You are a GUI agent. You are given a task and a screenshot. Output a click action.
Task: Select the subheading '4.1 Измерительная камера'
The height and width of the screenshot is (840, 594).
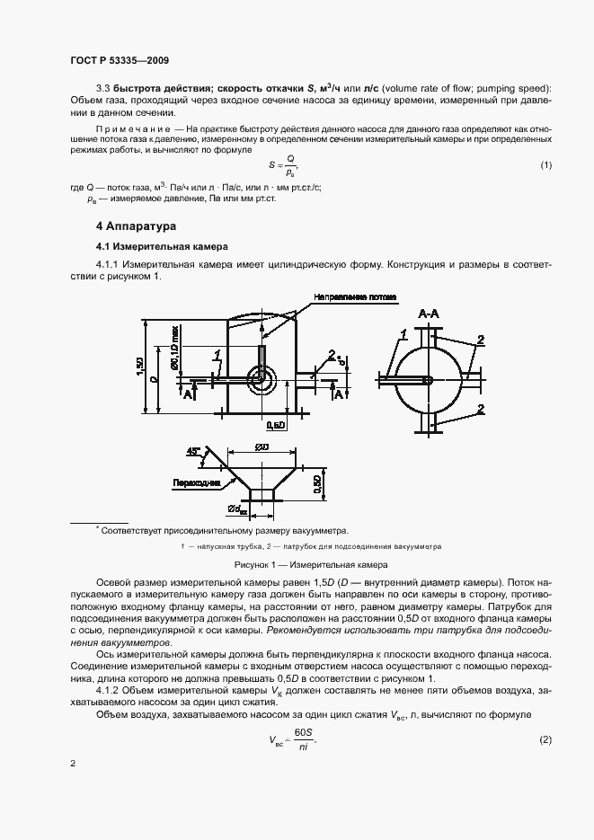[162, 246]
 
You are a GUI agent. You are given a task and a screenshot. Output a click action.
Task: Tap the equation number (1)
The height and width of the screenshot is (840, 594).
[545, 165]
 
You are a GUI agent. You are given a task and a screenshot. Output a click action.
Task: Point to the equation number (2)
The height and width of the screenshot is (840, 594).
[545, 739]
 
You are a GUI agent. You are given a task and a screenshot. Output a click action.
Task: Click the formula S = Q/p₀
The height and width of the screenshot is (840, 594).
[283, 164]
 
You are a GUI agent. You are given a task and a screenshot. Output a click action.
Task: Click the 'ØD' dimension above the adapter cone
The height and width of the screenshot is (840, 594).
[262, 447]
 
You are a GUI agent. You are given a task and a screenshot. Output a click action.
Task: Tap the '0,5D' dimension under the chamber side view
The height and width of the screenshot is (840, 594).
[277, 423]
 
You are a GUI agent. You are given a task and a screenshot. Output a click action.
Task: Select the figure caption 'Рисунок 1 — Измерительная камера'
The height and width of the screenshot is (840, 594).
[310, 565]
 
